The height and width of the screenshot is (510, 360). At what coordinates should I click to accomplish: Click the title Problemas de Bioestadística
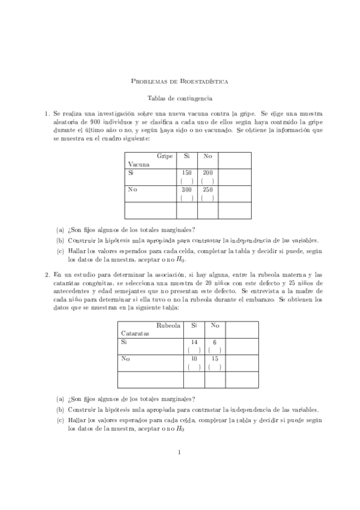pyautogui.click(x=180, y=81)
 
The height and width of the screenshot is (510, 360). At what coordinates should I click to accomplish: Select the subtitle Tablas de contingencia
pyautogui.click(x=180, y=97)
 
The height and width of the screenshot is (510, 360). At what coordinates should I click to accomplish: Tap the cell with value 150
pyautogui.click(x=187, y=173)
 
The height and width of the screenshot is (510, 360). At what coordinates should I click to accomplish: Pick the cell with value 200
pyautogui.click(x=208, y=173)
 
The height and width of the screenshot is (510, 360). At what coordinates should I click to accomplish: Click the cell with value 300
pyautogui.click(x=187, y=189)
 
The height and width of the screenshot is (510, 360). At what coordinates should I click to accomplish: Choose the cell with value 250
pyautogui.click(x=208, y=189)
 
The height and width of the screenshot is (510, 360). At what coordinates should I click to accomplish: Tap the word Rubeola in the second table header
pyautogui.click(x=168, y=325)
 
